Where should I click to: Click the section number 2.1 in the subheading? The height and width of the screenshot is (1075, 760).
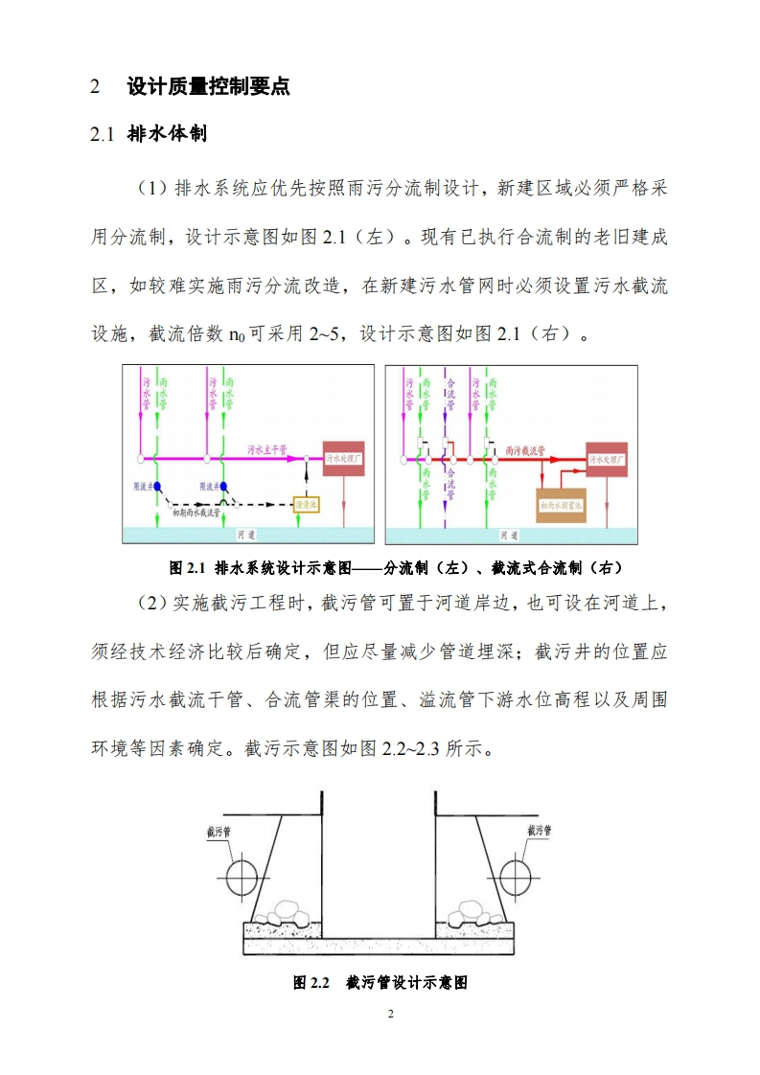[103, 134]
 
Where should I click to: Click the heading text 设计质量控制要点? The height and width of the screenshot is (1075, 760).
[208, 87]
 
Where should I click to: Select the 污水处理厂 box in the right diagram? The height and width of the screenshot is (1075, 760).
[607, 461]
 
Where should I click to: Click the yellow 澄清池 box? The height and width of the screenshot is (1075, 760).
[307, 503]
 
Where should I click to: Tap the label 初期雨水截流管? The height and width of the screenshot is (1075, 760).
[196, 513]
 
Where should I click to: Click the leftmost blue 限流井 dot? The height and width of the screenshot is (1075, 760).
[156, 487]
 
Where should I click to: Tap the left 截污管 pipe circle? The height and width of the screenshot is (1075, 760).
[241, 873]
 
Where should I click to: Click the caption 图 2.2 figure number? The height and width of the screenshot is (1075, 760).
[311, 983]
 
